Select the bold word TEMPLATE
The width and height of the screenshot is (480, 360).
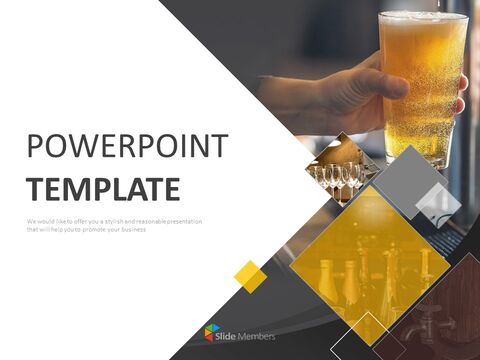[x=103, y=189]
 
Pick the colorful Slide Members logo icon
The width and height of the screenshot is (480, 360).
[x=211, y=333]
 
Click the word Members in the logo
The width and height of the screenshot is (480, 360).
[x=258, y=335]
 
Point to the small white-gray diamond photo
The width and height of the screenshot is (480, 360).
[x=437, y=204]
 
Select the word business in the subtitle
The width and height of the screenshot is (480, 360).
[x=130, y=229]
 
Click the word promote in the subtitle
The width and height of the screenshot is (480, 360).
[x=93, y=229]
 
